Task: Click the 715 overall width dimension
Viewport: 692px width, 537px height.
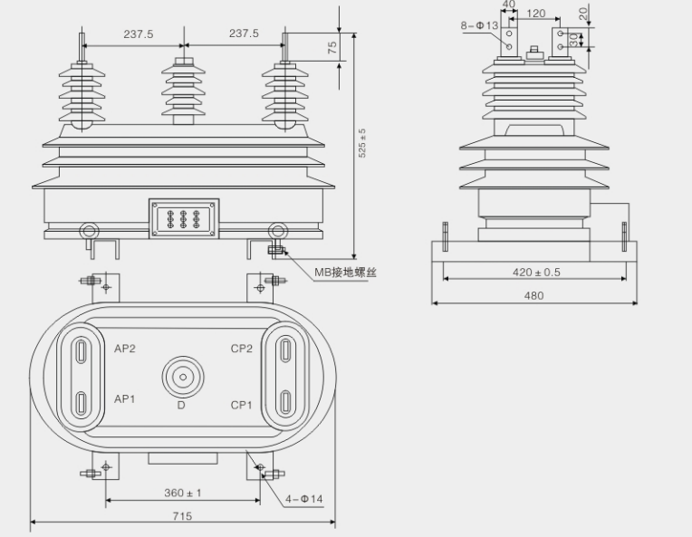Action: point(182,515)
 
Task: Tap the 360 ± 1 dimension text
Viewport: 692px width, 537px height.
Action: point(182,493)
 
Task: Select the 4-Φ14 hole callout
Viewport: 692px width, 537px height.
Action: point(304,499)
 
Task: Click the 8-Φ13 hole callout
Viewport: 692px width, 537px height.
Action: point(479,26)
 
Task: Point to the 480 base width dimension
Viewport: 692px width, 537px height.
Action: point(534,295)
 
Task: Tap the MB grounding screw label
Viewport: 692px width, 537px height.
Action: point(345,272)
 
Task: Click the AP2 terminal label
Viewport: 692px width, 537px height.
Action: point(125,349)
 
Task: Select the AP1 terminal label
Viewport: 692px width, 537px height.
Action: point(125,399)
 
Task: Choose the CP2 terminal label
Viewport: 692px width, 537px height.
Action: point(241,349)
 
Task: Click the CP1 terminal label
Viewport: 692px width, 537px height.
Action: point(241,405)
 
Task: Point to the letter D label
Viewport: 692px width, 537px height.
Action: point(181,406)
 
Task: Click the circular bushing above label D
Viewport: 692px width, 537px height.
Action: point(182,376)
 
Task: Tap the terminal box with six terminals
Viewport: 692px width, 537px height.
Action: point(184,218)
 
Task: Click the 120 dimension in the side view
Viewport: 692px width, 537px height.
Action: point(535,14)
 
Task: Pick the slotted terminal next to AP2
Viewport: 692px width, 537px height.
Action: point(81,350)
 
